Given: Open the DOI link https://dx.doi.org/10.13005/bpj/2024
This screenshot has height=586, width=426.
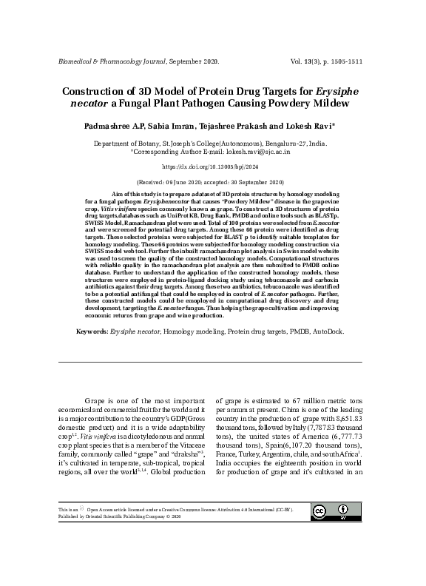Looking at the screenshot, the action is pyautogui.click(x=212, y=168).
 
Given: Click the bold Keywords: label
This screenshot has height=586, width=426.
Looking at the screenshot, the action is pyautogui.click(x=92, y=343).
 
